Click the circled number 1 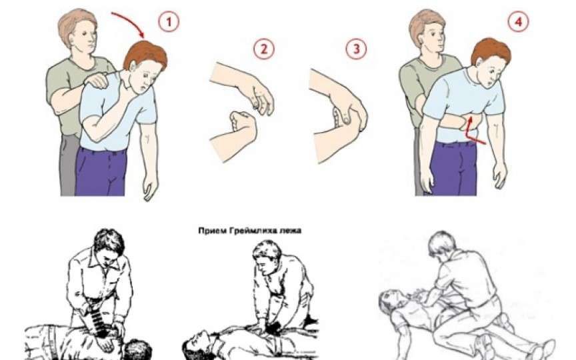pyautogui.click(x=169, y=22)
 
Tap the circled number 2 pyautogui.click(x=264, y=49)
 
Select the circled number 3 pyautogui.click(x=356, y=49)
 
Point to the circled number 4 pyautogui.click(x=518, y=22)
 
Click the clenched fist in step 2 pyautogui.click(x=243, y=123)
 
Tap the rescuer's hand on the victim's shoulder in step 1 pyautogui.click(x=98, y=80)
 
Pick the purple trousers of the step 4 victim pyautogui.click(x=454, y=168)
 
